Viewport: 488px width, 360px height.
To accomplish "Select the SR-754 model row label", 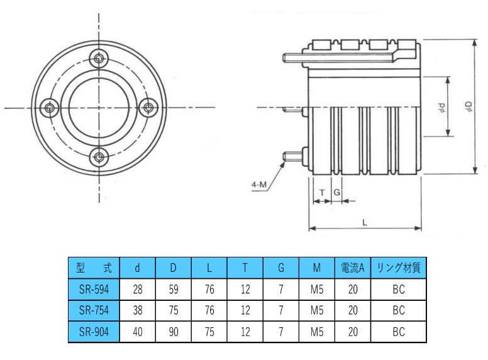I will pyautogui.click(x=93, y=310).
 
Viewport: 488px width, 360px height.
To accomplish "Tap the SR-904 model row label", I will pyautogui.click(x=93, y=331).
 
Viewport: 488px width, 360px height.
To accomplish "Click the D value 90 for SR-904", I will pyautogui.click(x=173, y=331).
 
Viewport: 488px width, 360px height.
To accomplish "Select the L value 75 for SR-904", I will pyautogui.click(x=209, y=331).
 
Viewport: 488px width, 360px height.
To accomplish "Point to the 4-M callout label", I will pyautogui.click(x=258, y=185).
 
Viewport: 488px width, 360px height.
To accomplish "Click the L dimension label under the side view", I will pyautogui.click(x=365, y=222).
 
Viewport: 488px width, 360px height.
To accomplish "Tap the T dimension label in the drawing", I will pyautogui.click(x=322, y=192).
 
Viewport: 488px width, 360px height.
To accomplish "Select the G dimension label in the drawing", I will pyautogui.click(x=337, y=192).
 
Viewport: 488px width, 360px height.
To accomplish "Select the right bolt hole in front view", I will pyautogui.click(x=149, y=108).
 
